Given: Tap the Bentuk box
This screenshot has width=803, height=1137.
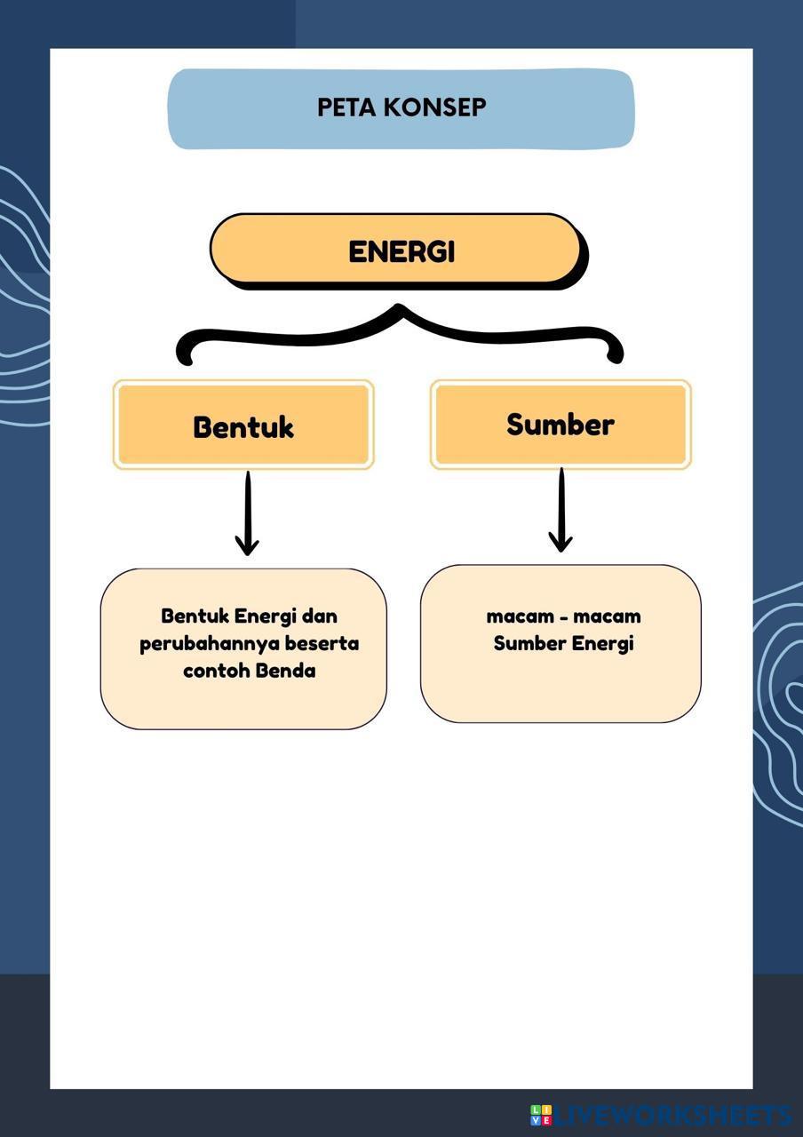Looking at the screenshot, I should tap(242, 425).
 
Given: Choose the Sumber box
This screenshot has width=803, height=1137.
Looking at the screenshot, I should tap(561, 424).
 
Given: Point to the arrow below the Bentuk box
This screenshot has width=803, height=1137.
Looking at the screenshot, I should tap(248, 514).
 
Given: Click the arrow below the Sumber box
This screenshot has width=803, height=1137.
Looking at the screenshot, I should tap(561, 510).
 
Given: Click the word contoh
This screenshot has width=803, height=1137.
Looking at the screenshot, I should tap(216, 671).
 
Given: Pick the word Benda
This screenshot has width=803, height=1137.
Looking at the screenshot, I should tap(285, 671).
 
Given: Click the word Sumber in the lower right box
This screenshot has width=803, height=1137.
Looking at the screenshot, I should tap(529, 643).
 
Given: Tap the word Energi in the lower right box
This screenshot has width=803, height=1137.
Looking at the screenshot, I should tap(602, 644).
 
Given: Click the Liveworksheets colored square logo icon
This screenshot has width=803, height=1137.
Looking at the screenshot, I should tap(541, 1115).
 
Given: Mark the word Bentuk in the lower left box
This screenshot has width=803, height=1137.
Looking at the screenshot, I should tap(195, 616).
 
